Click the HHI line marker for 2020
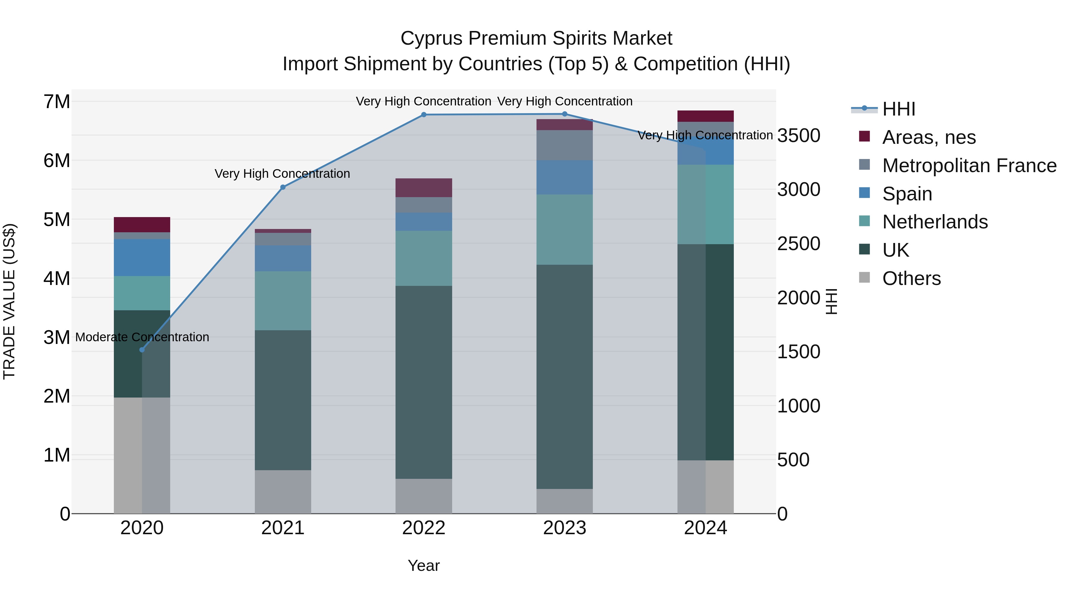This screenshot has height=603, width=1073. pyautogui.click(x=142, y=350)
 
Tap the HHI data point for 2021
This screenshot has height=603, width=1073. pyautogui.click(x=283, y=187)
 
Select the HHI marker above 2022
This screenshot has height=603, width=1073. pyautogui.click(x=424, y=114)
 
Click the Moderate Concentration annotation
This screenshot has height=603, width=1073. pyautogui.click(x=142, y=337)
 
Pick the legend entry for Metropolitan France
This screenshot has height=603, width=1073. pyautogui.click(x=969, y=166)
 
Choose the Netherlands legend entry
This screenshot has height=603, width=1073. pyautogui.click(x=935, y=222)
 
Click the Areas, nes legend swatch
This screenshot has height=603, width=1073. pyautogui.click(x=864, y=136)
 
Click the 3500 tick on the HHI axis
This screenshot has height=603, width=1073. pyautogui.click(x=798, y=136)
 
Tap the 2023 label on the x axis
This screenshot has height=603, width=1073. pyautogui.click(x=565, y=528)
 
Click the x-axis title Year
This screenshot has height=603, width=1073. pyautogui.click(x=424, y=565)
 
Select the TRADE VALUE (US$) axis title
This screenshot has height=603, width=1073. pyautogui.click(x=9, y=301)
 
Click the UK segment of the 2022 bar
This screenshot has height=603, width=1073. pyautogui.click(x=424, y=382)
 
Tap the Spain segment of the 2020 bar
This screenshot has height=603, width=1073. pyautogui.click(x=142, y=257)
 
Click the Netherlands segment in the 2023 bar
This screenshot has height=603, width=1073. pyautogui.click(x=565, y=229)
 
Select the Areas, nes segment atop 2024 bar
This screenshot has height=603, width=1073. pyautogui.click(x=705, y=116)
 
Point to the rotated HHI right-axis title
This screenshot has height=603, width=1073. pyautogui.click(x=831, y=301)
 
